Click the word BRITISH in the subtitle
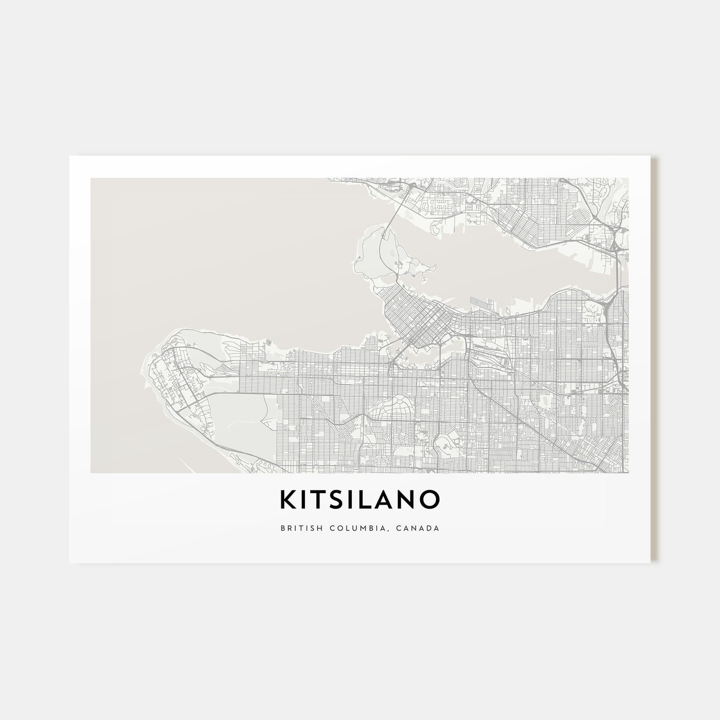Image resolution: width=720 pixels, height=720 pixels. (x=298, y=528)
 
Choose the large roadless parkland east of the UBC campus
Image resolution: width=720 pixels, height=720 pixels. (x=242, y=422)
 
